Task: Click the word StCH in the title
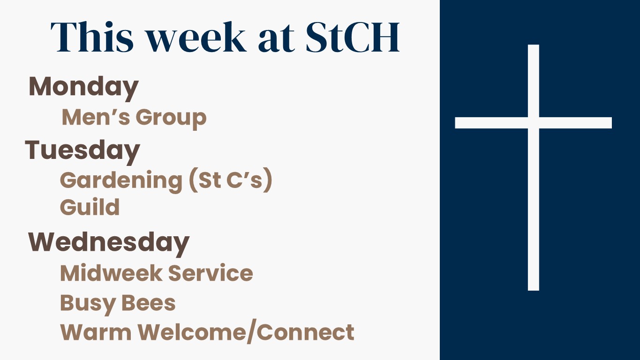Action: point(352,37)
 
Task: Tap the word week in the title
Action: point(196,37)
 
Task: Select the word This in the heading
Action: point(92,37)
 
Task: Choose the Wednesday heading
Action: point(109,244)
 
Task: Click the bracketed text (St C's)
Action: point(230,180)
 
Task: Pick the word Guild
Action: point(90,207)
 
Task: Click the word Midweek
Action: point(111,273)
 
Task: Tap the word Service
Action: point(211,273)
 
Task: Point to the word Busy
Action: point(88,305)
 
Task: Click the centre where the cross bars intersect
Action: point(534,123)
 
